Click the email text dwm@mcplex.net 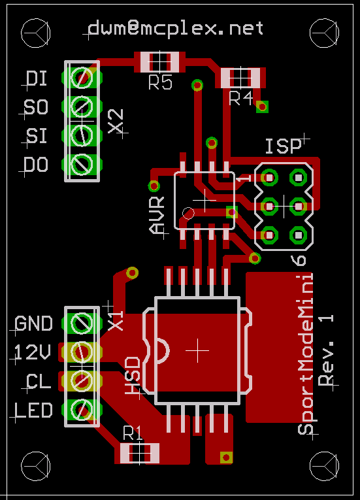[175, 28]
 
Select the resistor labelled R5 [159, 61]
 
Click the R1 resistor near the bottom [139, 453]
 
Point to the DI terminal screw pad [82, 78]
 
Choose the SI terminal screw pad [82, 135]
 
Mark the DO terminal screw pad [82, 165]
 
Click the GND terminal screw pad [82, 323]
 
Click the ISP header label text [284, 146]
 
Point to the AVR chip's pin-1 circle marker [188, 213]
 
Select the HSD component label [133, 376]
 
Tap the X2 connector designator [116, 121]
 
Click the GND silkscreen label [33, 324]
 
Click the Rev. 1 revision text [326, 350]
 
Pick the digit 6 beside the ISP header [299, 261]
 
